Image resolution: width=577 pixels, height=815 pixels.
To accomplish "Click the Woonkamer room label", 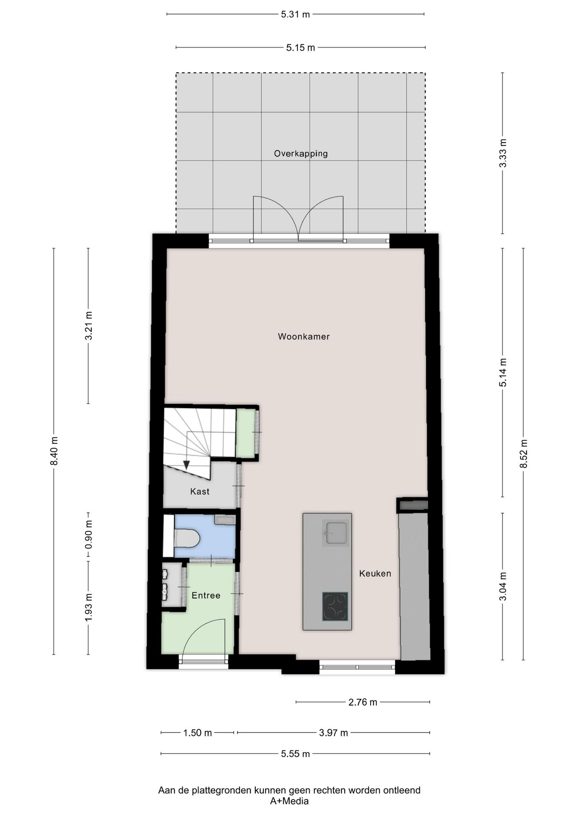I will tap(303, 337).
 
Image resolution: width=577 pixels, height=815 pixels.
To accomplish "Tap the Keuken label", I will tap(375, 573).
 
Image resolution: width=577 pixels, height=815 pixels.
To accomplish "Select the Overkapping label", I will tap(300, 154).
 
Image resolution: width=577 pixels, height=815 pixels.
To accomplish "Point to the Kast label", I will tap(199, 492).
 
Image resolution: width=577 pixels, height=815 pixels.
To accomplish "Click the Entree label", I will tap(206, 596).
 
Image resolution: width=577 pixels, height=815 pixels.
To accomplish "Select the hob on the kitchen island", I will tap(335, 606).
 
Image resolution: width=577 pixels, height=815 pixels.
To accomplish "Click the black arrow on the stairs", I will tap(186, 465).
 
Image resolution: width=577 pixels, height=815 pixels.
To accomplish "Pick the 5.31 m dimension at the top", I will tap(295, 14).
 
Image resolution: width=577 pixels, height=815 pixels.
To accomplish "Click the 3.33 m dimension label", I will tap(503, 153).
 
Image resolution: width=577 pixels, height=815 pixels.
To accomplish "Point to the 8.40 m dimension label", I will tap(54, 451).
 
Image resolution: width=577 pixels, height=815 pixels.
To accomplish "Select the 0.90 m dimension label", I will tap(88, 537).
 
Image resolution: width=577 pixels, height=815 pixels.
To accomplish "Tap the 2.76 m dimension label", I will tap(362, 702).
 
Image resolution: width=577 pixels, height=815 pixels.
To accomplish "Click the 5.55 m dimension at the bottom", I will tap(295, 754).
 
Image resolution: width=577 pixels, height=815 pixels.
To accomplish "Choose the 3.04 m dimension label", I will tap(503, 586).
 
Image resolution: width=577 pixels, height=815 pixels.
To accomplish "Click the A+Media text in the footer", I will tap(289, 801).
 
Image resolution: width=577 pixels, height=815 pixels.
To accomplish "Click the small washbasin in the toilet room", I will tap(225, 520).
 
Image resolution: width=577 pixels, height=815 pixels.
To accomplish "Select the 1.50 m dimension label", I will tap(197, 733).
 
